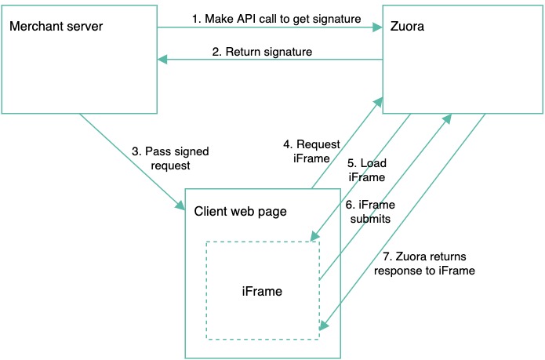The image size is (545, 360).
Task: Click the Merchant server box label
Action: click(56, 27)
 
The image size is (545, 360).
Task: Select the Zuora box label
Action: click(407, 27)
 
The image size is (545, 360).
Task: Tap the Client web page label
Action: click(240, 211)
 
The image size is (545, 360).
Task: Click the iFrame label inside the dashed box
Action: click(262, 291)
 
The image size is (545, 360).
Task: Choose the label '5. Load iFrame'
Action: click(366, 171)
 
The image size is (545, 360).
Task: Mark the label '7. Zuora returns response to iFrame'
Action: click(424, 264)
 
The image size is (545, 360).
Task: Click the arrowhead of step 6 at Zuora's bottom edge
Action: click(449, 118)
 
